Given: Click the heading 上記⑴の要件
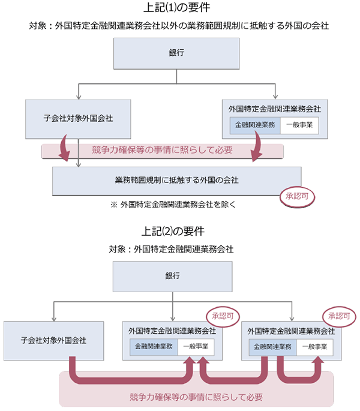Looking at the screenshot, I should (181, 8).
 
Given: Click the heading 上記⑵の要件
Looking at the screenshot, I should (181, 230).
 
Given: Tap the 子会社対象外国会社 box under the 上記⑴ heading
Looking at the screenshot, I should (79, 117).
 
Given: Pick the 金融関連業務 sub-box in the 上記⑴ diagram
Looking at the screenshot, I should (255, 125).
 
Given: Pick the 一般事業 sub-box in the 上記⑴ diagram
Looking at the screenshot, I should (298, 125).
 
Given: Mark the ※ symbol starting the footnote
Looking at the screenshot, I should (113, 204).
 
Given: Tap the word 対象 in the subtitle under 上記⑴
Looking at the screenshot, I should (38, 27).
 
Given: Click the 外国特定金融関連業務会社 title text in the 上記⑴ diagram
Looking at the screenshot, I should (275, 109).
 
